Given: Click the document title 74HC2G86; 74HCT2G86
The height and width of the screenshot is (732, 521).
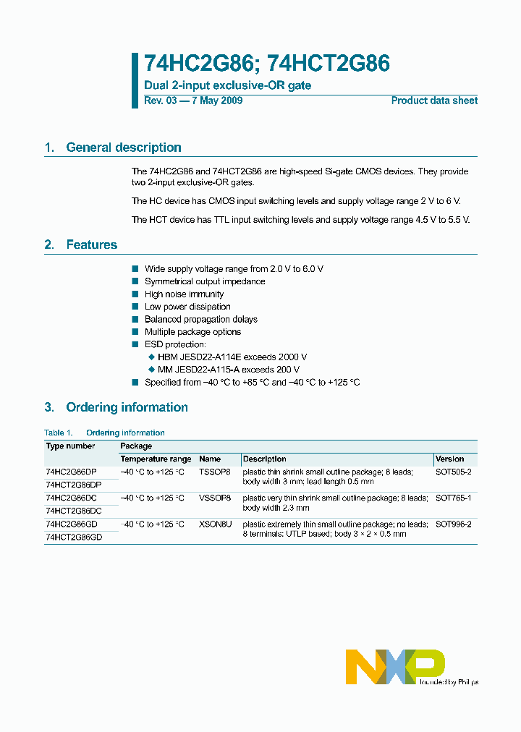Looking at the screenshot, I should pos(267,64).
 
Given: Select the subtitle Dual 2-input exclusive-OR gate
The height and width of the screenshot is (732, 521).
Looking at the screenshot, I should pos(228,85).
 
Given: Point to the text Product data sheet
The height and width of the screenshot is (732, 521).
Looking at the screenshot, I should pos(434,101).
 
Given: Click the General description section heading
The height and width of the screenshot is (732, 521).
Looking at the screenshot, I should pos(123,148).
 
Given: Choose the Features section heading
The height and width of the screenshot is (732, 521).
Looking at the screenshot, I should pos(91,244).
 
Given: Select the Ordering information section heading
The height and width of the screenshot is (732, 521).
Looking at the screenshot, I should pos(127,407).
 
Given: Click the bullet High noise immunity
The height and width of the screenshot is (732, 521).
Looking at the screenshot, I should pos(184,294).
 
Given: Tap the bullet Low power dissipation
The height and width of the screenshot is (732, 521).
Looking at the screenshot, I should pos(187,307).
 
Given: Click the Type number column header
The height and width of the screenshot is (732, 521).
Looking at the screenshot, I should pos(70,446).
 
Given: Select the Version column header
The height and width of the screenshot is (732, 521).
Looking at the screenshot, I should pos(450,459).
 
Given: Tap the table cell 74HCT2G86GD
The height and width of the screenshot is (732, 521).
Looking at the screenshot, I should pos(74,537).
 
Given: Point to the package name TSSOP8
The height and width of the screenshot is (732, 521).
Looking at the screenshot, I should pos(215,472).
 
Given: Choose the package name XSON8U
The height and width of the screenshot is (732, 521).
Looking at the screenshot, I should pos(215,524).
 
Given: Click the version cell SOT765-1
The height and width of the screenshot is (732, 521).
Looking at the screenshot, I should pos(454,498).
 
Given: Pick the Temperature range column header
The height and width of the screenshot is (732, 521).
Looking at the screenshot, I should pos(156,459).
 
